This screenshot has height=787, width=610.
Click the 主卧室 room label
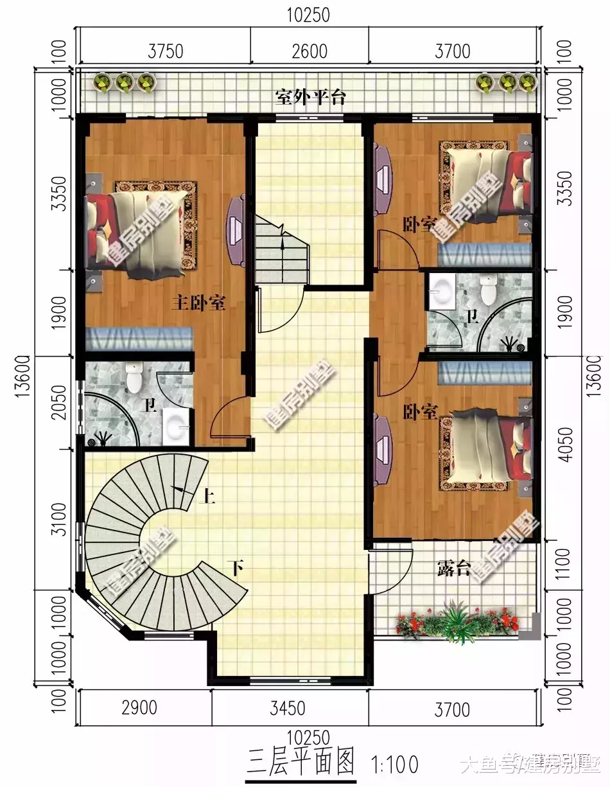point(198,303)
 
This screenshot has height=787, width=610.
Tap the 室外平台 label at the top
point(310,98)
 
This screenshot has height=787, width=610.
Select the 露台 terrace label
point(454,568)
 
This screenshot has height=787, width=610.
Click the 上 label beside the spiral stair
point(209,496)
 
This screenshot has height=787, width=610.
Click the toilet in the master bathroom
point(134,378)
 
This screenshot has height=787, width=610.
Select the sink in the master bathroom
point(175,425)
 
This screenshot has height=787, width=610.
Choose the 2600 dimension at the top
point(309,51)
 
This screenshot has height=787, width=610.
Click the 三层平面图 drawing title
point(300,763)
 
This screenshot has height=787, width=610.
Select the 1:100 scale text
point(395,765)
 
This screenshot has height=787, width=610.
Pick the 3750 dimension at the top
point(166,51)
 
